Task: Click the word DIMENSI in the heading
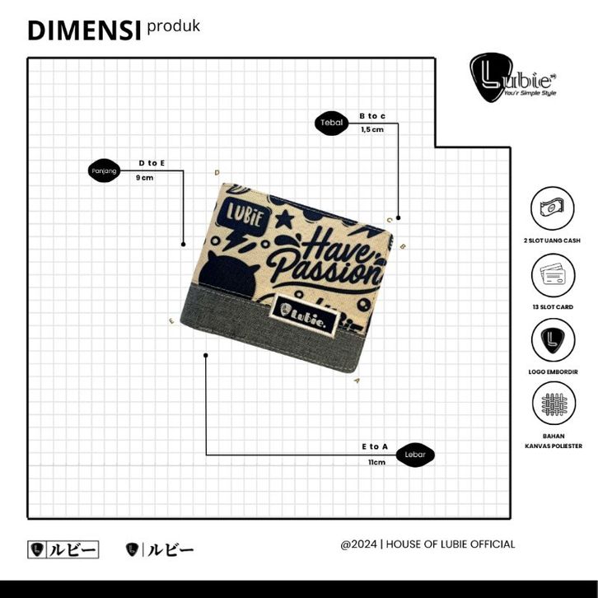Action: (x=83, y=30)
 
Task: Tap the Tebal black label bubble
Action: (x=332, y=123)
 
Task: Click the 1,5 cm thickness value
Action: (x=372, y=130)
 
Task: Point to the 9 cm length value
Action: (x=145, y=178)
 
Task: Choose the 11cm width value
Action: (x=376, y=462)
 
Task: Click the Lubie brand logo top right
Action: (x=502, y=79)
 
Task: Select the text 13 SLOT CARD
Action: (x=553, y=306)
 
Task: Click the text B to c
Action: (x=372, y=116)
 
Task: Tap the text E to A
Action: (x=375, y=446)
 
